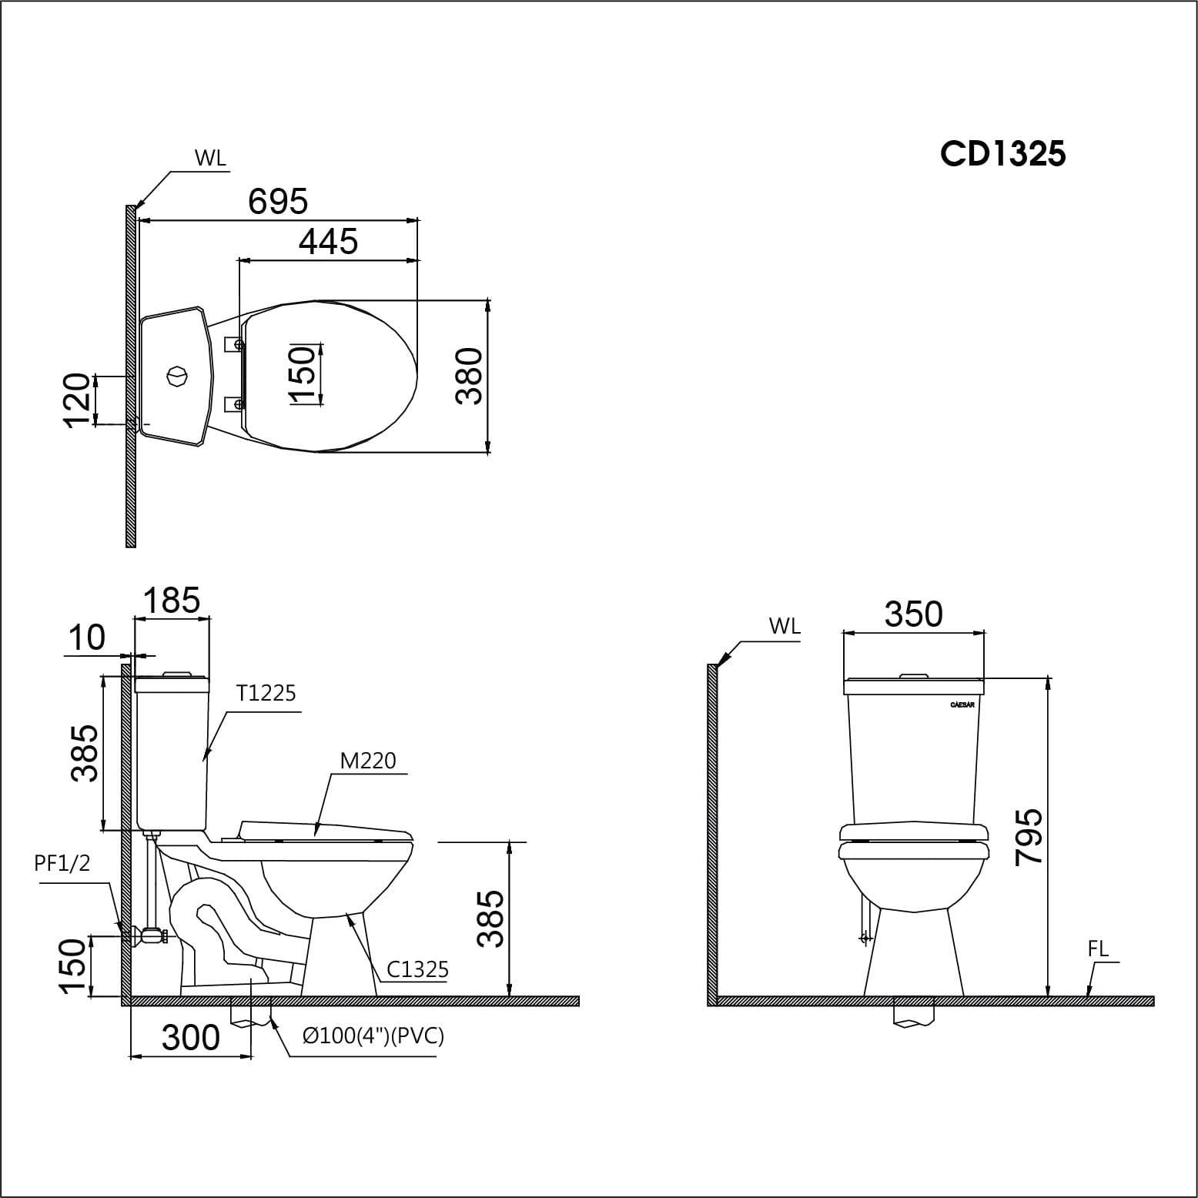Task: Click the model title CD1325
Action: pyautogui.click(x=1002, y=154)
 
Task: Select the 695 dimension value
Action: pyautogui.click(x=278, y=202)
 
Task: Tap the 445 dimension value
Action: pyautogui.click(x=328, y=242)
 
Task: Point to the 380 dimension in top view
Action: pyautogui.click(x=469, y=376)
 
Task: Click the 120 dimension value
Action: pyautogui.click(x=77, y=400)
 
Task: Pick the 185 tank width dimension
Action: pyautogui.click(x=171, y=601)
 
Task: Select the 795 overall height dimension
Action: pyautogui.click(x=1029, y=837)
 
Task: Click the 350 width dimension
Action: pyautogui.click(x=913, y=614)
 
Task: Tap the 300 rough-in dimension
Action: pyautogui.click(x=191, y=1038)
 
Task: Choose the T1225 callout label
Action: pyautogui.click(x=266, y=694)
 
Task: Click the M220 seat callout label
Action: pyautogui.click(x=368, y=761)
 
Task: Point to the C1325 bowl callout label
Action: pyautogui.click(x=417, y=969)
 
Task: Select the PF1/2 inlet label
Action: pyautogui.click(x=62, y=863)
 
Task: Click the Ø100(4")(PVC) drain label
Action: pyautogui.click(x=373, y=1036)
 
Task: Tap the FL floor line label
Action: pyautogui.click(x=1098, y=949)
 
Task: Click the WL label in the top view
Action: pyautogui.click(x=210, y=159)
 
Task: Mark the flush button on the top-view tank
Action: pyautogui.click(x=176, y=376)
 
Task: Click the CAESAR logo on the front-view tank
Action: pyautogui.click(x=962, y=704)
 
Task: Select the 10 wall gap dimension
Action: pyautogui.click(x=86, y=638)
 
